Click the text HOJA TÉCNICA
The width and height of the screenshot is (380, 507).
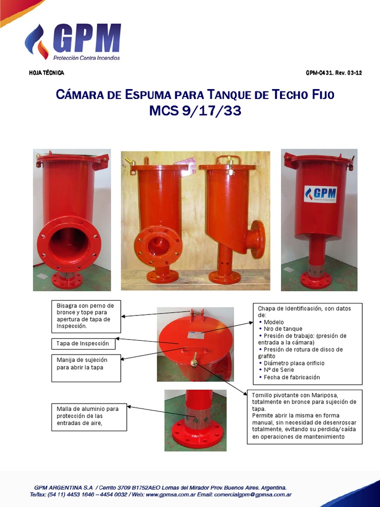(x=47, y=73)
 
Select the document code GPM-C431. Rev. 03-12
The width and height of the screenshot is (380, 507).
(x=333, y=73)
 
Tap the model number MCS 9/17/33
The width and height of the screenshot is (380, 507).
(x=195, y=111)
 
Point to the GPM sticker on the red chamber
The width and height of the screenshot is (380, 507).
(x=320, y=194)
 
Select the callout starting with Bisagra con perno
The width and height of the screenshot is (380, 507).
(x=86, y=316)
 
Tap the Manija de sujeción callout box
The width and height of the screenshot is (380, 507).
(x=86, y=367)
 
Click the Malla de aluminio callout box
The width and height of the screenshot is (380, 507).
(x=89, y=416)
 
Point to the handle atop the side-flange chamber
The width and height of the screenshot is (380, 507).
(x=229, y=160)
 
